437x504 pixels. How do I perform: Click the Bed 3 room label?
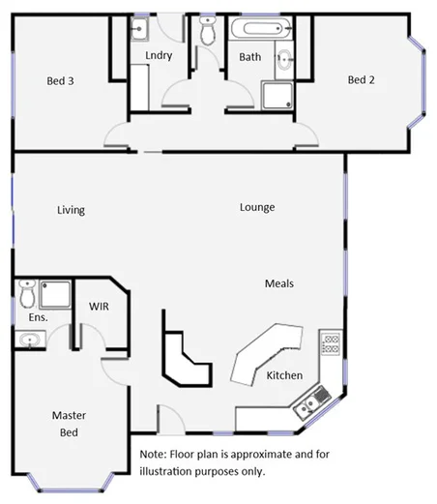60,81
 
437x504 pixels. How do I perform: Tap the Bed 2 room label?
361,80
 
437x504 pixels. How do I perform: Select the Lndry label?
159,55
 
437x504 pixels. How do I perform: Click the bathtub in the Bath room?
257,28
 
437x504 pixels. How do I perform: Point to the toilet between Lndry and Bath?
207,33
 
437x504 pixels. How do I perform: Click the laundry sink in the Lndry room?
140,29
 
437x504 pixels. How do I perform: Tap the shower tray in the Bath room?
276,94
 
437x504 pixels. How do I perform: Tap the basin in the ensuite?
31,340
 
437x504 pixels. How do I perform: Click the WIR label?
100,306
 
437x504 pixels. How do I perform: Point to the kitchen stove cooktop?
330,341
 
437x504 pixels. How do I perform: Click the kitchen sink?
316,396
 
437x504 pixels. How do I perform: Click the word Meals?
279,283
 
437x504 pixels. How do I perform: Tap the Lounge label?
258,207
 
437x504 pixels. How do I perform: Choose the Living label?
71,210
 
